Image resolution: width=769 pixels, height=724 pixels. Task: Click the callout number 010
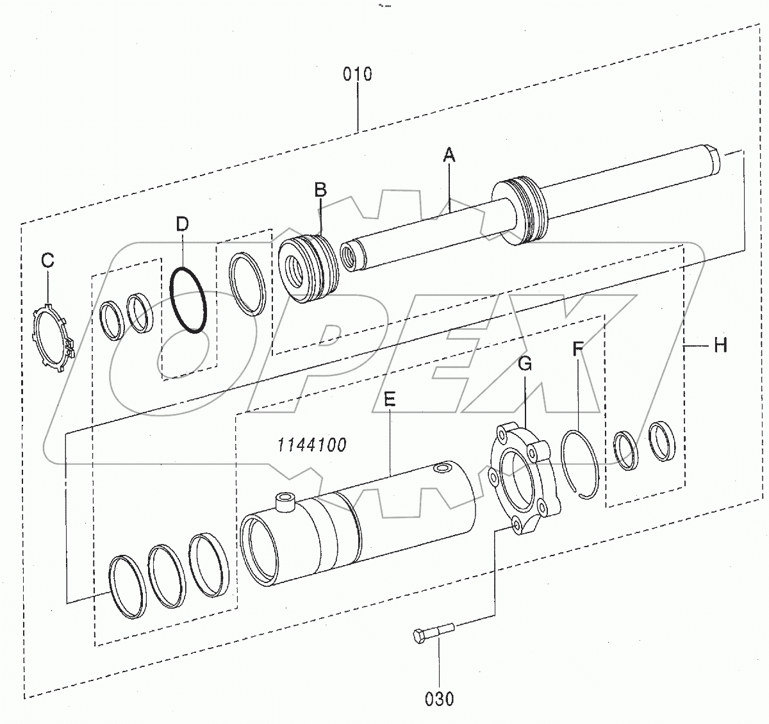tap(357, 74)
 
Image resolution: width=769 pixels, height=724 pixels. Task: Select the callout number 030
tap(439, 698)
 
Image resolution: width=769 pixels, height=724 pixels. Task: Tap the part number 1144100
tap(312, 445)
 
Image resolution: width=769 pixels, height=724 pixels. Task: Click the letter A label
tap(449, 154)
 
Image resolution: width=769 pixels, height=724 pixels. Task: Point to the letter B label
tap(320, 190)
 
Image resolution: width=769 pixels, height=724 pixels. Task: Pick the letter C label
tap(48, 261)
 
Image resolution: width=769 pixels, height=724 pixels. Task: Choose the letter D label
tap(182, 224)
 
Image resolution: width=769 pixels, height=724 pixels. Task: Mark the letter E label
tap(390, 400)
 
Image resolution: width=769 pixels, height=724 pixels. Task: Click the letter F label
tap(577, 350)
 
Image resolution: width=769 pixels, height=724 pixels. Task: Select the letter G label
tap(524, 364)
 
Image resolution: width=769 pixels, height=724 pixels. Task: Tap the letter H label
tap(720, 346)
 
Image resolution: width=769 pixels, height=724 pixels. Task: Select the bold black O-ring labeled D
tap(188, 300)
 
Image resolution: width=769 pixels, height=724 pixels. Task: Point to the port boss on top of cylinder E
tap(283, 501)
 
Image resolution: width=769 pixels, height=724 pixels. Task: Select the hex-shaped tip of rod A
tap(713, 162)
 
